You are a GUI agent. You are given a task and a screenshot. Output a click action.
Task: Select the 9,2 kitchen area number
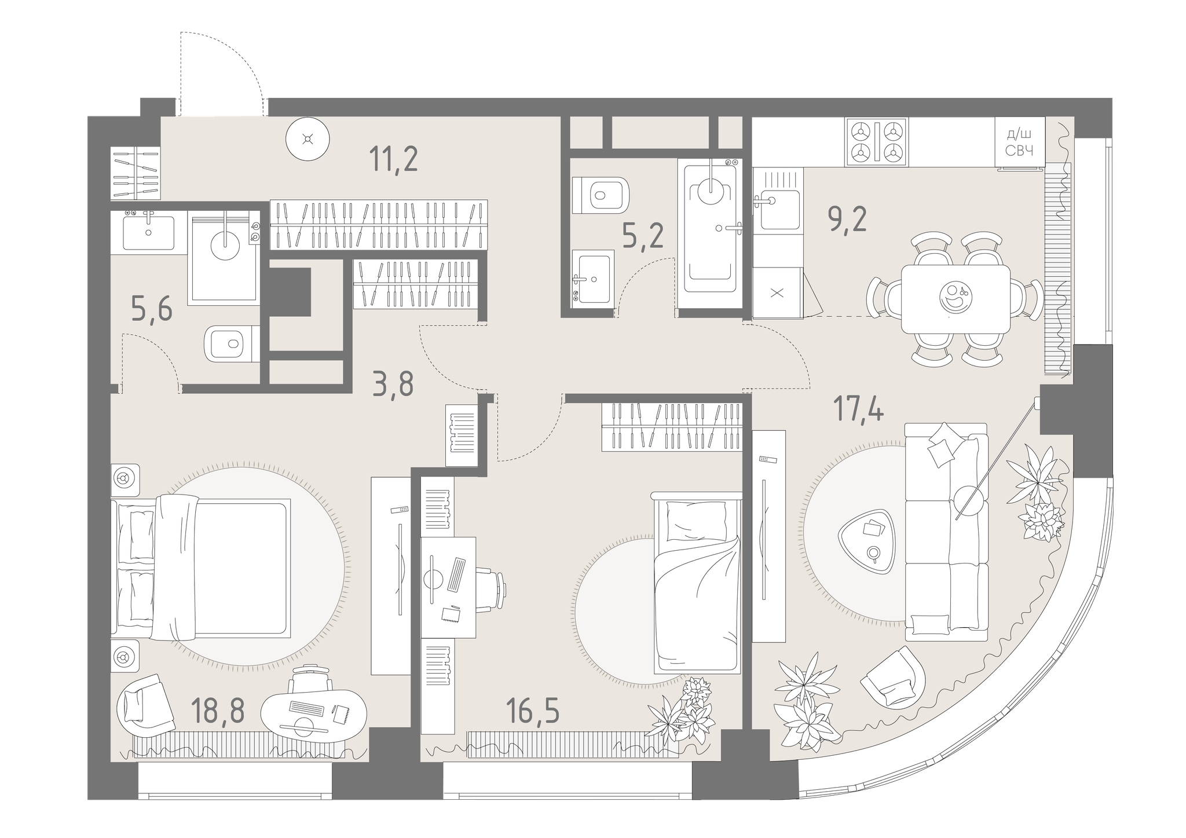(x=848, y=218)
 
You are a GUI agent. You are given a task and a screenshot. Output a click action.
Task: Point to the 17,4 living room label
(x=858, y=409)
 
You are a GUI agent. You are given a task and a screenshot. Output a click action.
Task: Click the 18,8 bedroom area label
(x=218, y=711)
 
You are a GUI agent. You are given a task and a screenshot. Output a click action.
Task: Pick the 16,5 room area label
(x=532, y=711)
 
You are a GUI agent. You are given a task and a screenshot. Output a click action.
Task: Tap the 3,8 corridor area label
(x=393, y=383)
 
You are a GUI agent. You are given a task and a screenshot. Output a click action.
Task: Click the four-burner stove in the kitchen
(x=877, y=142)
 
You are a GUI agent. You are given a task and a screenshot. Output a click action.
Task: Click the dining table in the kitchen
(x=956, y=299)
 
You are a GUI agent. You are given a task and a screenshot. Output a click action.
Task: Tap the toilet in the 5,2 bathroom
(x=600, y=195)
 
